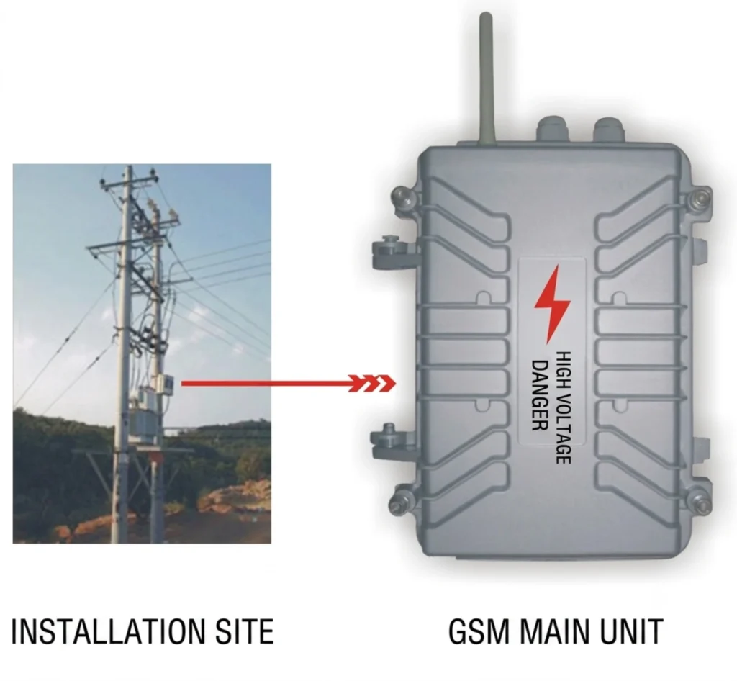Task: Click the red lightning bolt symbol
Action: click(552, 304)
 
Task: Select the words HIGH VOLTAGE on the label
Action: click(564, 407)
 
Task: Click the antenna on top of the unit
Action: click(486, 78)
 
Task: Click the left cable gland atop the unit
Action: click(553, 129)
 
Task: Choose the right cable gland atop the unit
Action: click(609, 130)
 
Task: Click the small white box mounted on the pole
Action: click(167, 384)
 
